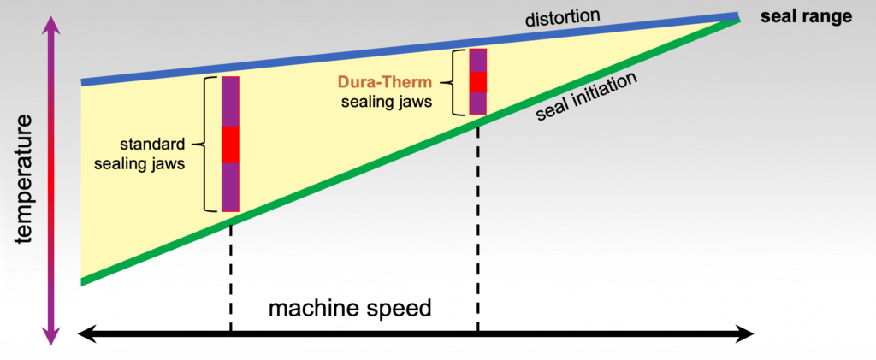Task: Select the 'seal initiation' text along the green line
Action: click(587, 97)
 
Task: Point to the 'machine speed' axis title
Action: click(350, 307)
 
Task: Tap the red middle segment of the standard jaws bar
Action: click(230, 145)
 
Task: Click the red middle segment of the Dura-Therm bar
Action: click(478, 82)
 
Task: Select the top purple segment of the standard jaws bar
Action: click(230, 101)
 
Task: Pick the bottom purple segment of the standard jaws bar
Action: click(230, 186)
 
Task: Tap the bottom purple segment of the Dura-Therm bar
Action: click(478, 103)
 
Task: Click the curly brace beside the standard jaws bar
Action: click(205, 145)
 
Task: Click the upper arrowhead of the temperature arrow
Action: click(53, 26)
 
